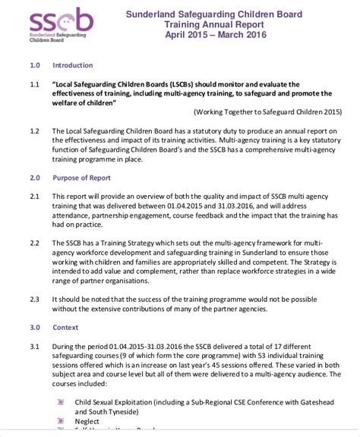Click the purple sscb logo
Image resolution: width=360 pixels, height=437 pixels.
click(x=60, y=23)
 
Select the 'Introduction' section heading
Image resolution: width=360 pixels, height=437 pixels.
click(x=73, y=66)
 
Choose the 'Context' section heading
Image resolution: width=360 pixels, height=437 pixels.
click(x=65, y=328)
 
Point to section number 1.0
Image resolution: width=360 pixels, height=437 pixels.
click(x=35, y=66)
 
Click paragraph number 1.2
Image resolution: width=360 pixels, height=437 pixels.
click(x=35, y=131)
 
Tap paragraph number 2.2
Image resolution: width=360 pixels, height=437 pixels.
click(x=35, y=243)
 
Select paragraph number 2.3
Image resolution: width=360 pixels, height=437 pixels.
click(x=35, y=299)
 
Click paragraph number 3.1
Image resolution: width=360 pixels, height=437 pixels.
click(x=35, y=346)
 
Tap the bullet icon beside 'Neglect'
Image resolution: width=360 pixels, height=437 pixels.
click(x=60, y=421)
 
